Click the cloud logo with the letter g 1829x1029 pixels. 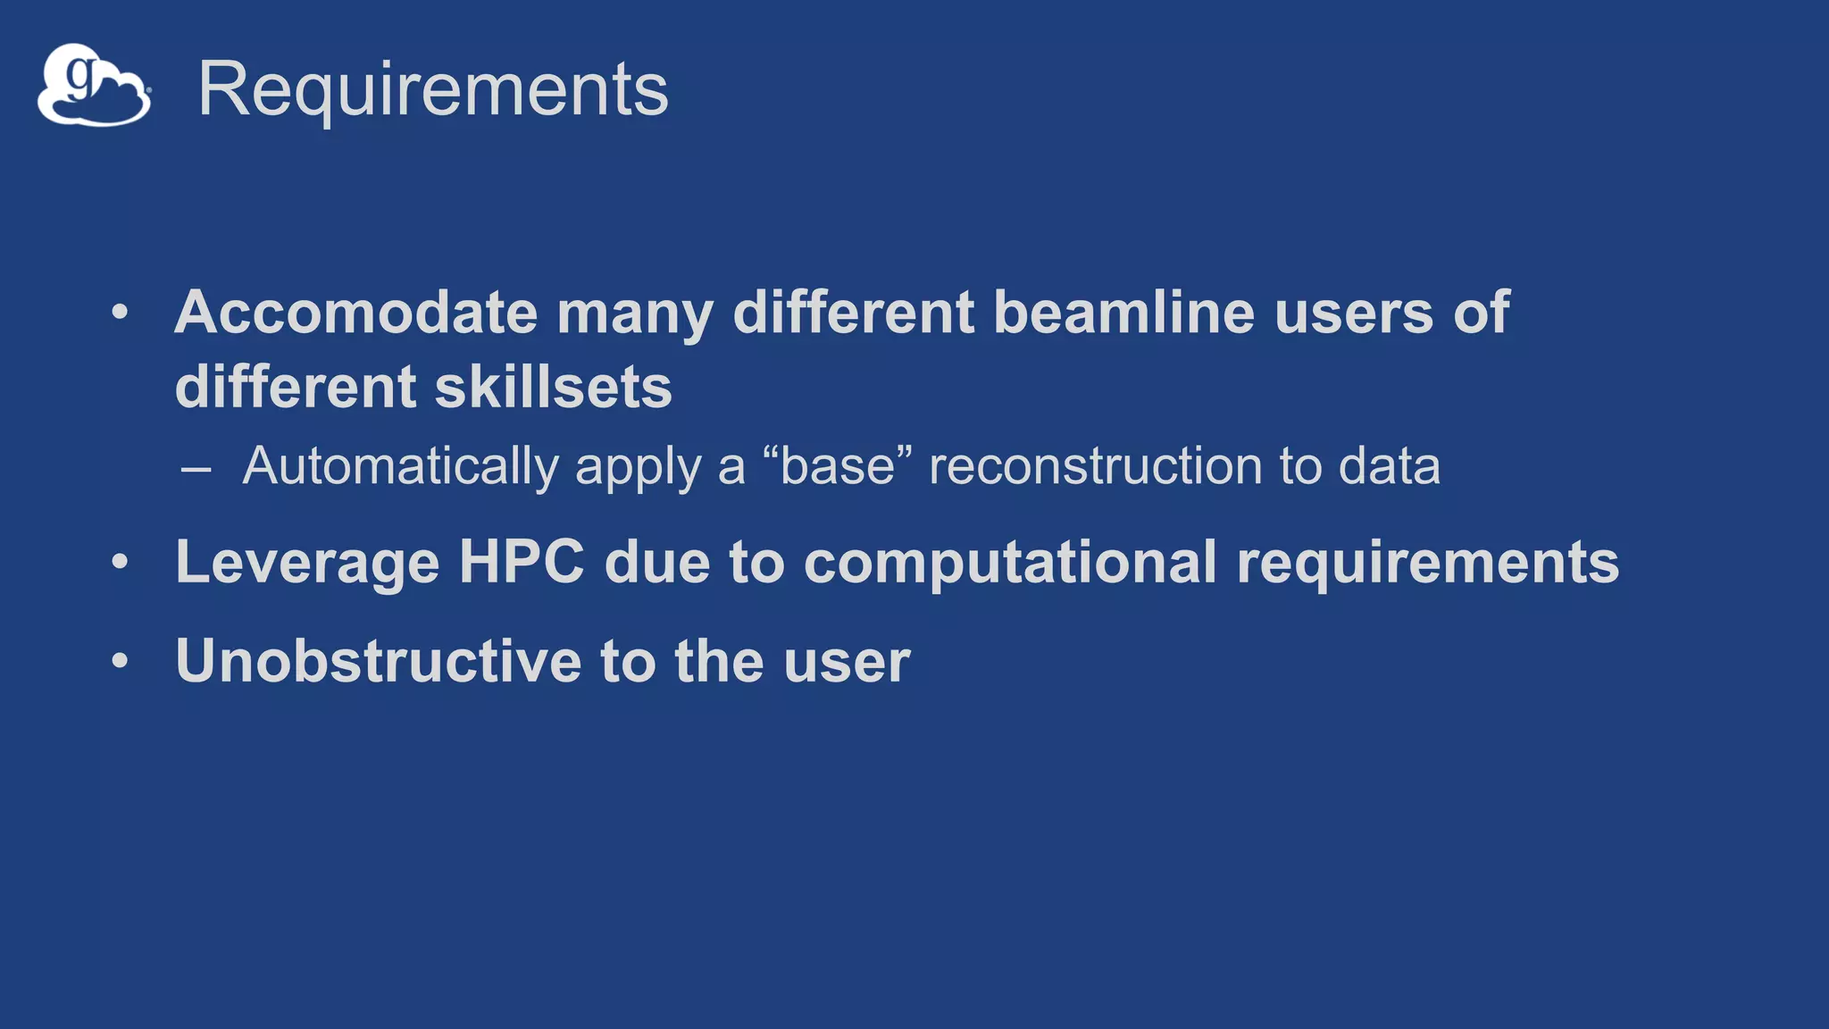pyautogui.click(x=94, y=86)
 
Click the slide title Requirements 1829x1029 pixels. pyautogui.click(x=433, y=89)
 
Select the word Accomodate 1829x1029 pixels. pyautogui.click(x=356, y=313)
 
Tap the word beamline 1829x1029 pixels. pyautogui.click(x=1123, y=313)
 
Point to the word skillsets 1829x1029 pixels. pyautogui.click(x=553, y=387)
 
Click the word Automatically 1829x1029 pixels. pyautogui.click(x=401, y=466)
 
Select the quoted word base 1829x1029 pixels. pyautogui.click(x=838, y=466)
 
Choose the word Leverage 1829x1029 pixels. pyautogui.click(x=307, y=563)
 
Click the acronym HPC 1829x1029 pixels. pyautogui.click(x=522, y=562)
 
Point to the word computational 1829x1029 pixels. pyautogui.click(x=1010, y=563)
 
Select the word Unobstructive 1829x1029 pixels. pyautogui.click(x=379, y=661)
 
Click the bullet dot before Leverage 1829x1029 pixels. pyautogui.click(x=121, y=563)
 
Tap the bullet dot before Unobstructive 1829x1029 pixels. pyautogui.click(x=121, y=661)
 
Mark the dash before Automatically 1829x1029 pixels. pyautogui.click(x=196, y=468)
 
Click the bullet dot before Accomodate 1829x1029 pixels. pyautogui.click(x=121, y=313)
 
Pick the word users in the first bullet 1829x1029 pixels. pyautogui.click(x=1354, y=313)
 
